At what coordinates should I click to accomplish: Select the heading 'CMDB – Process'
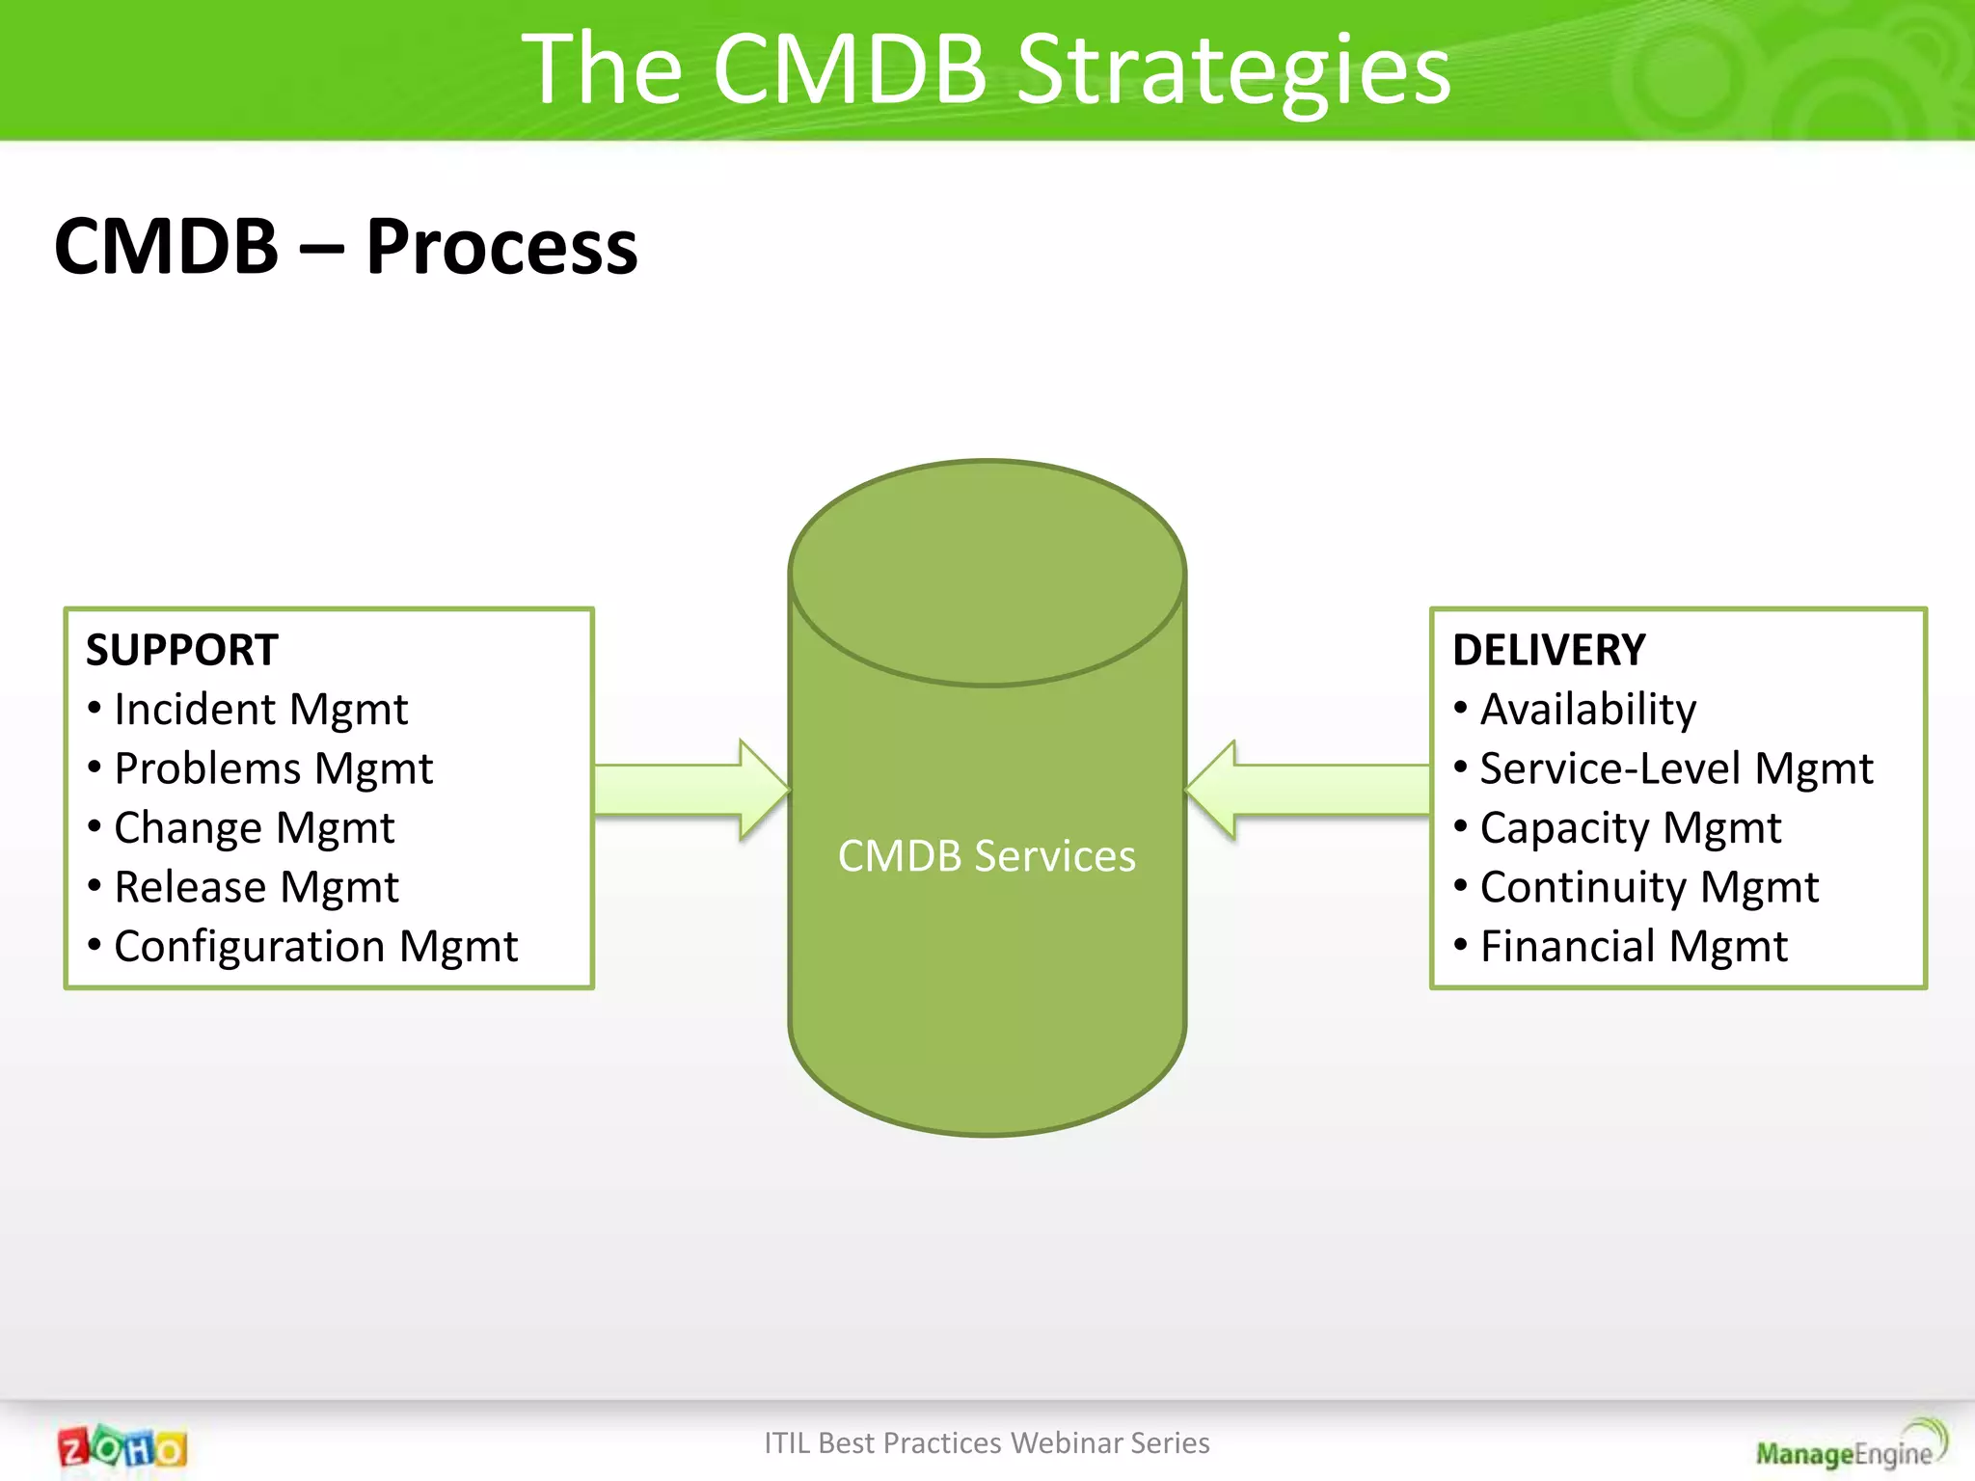coord(345,247)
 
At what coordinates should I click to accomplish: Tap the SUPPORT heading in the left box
coord(182,650)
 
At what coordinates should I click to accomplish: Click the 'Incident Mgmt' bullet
coord(260,711)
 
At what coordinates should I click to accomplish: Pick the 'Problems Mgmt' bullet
coord(273,769)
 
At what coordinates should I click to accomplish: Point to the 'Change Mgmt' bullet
coord(254,828)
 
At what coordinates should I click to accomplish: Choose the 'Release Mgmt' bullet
coord(256,887)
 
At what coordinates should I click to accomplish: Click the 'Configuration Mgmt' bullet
coord(315,947)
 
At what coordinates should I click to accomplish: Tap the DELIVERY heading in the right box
coord(1549,650)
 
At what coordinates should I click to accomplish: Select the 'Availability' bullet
coord(1587,711)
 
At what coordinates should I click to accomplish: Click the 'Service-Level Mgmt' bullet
coord(1676,769)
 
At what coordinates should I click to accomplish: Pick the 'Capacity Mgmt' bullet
coord(1630,828)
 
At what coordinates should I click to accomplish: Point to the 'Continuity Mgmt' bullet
coord(1649,887)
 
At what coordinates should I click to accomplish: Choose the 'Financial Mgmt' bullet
coord(1634,947)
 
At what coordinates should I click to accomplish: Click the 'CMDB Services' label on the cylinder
coord(987,856)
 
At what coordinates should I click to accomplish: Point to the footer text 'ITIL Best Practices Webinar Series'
coord(987,1442)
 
